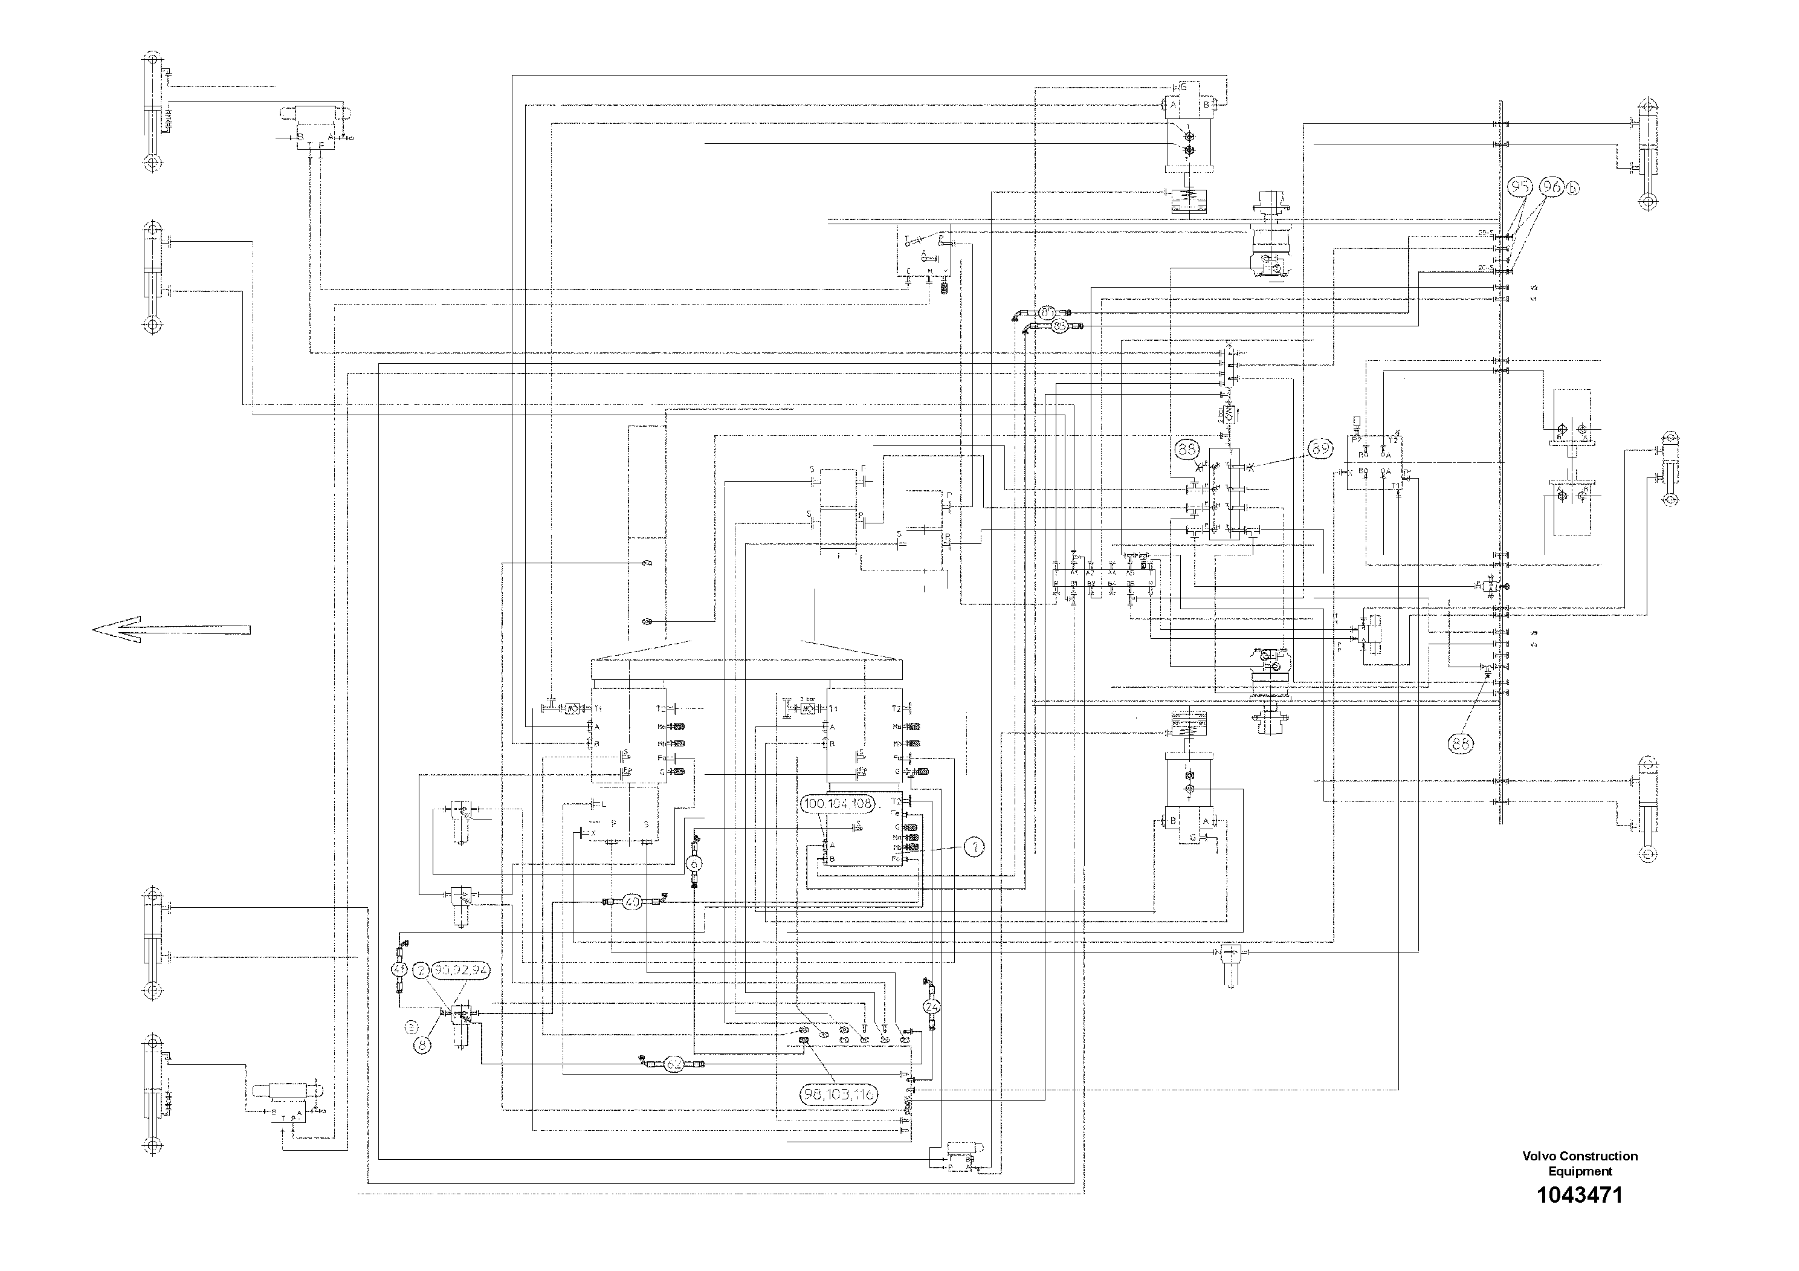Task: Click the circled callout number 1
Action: coord(972,846)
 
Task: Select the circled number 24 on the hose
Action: coord(932,1006)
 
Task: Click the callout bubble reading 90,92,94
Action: coord(462,969)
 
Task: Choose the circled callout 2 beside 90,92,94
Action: coord(422,970)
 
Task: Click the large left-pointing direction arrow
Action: coord(171,629)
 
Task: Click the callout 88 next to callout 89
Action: coord(1187,449)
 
